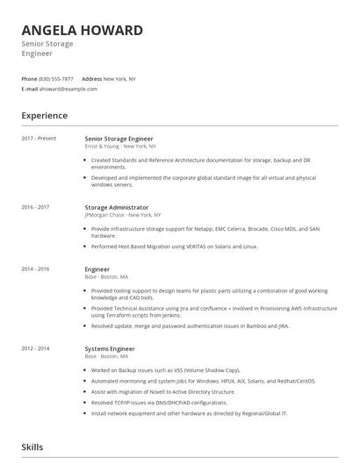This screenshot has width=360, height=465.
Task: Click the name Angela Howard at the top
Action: click(x=82, y=31)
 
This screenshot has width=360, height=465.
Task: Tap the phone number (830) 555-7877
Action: click(x=56, y=79)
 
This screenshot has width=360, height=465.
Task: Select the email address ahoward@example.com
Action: click(x=68, y=89)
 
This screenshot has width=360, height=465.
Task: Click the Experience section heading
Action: click(x=45, y=115)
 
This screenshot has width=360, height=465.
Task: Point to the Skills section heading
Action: click(x=32, y=447)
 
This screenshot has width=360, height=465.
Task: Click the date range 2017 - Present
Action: click(x=39, y=138)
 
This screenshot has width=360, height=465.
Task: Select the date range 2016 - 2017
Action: click(x=36, y=206)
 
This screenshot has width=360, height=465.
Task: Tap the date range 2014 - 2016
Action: click(x=36, y=268)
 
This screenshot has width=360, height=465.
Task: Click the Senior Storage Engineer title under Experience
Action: click(x=119, y=138)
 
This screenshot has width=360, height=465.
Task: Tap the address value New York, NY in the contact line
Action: click(x=119, y=79)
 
